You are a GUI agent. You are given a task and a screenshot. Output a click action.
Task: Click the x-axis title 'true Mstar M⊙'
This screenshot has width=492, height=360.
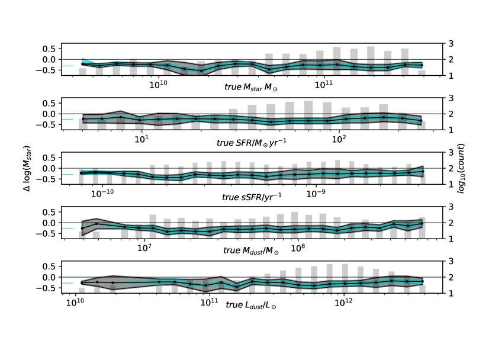[251, 87]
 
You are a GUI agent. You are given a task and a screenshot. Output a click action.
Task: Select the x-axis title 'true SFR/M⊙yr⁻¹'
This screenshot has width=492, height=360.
[252, 143]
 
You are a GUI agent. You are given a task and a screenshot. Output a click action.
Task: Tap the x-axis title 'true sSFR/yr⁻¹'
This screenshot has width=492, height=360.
[252, 197]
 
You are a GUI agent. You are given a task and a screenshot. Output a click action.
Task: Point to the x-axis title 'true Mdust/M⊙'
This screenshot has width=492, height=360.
[251, 250]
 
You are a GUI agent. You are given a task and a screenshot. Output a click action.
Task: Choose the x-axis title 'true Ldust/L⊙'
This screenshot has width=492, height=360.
[251, 305]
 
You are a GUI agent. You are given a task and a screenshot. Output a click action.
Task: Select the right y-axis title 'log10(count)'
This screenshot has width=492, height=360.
[461, 168]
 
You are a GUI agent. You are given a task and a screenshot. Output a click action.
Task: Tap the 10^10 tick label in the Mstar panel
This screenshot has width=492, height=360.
[158, 85]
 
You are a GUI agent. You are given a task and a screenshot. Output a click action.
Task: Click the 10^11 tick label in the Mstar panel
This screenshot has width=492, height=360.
[323, 85]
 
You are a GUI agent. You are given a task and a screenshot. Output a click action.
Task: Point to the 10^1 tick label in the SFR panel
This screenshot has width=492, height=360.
[142, 139]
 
